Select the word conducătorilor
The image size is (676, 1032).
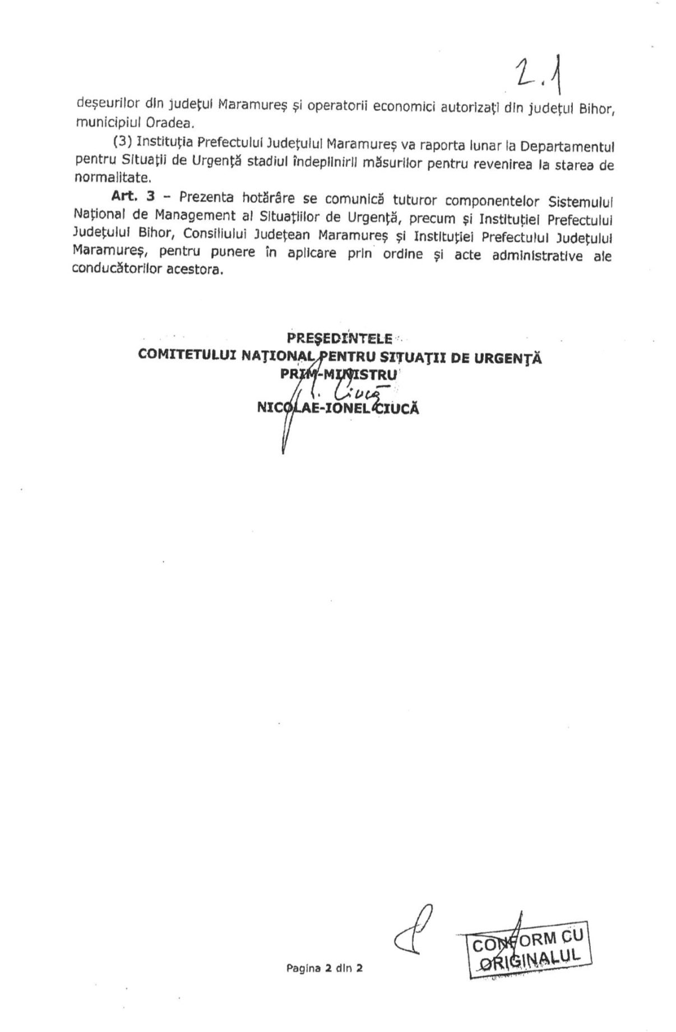pos(109,270)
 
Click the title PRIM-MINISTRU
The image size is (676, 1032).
pos(339,374)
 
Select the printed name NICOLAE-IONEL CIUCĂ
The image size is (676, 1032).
pos(337,408)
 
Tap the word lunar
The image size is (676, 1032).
pos(488,147)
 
